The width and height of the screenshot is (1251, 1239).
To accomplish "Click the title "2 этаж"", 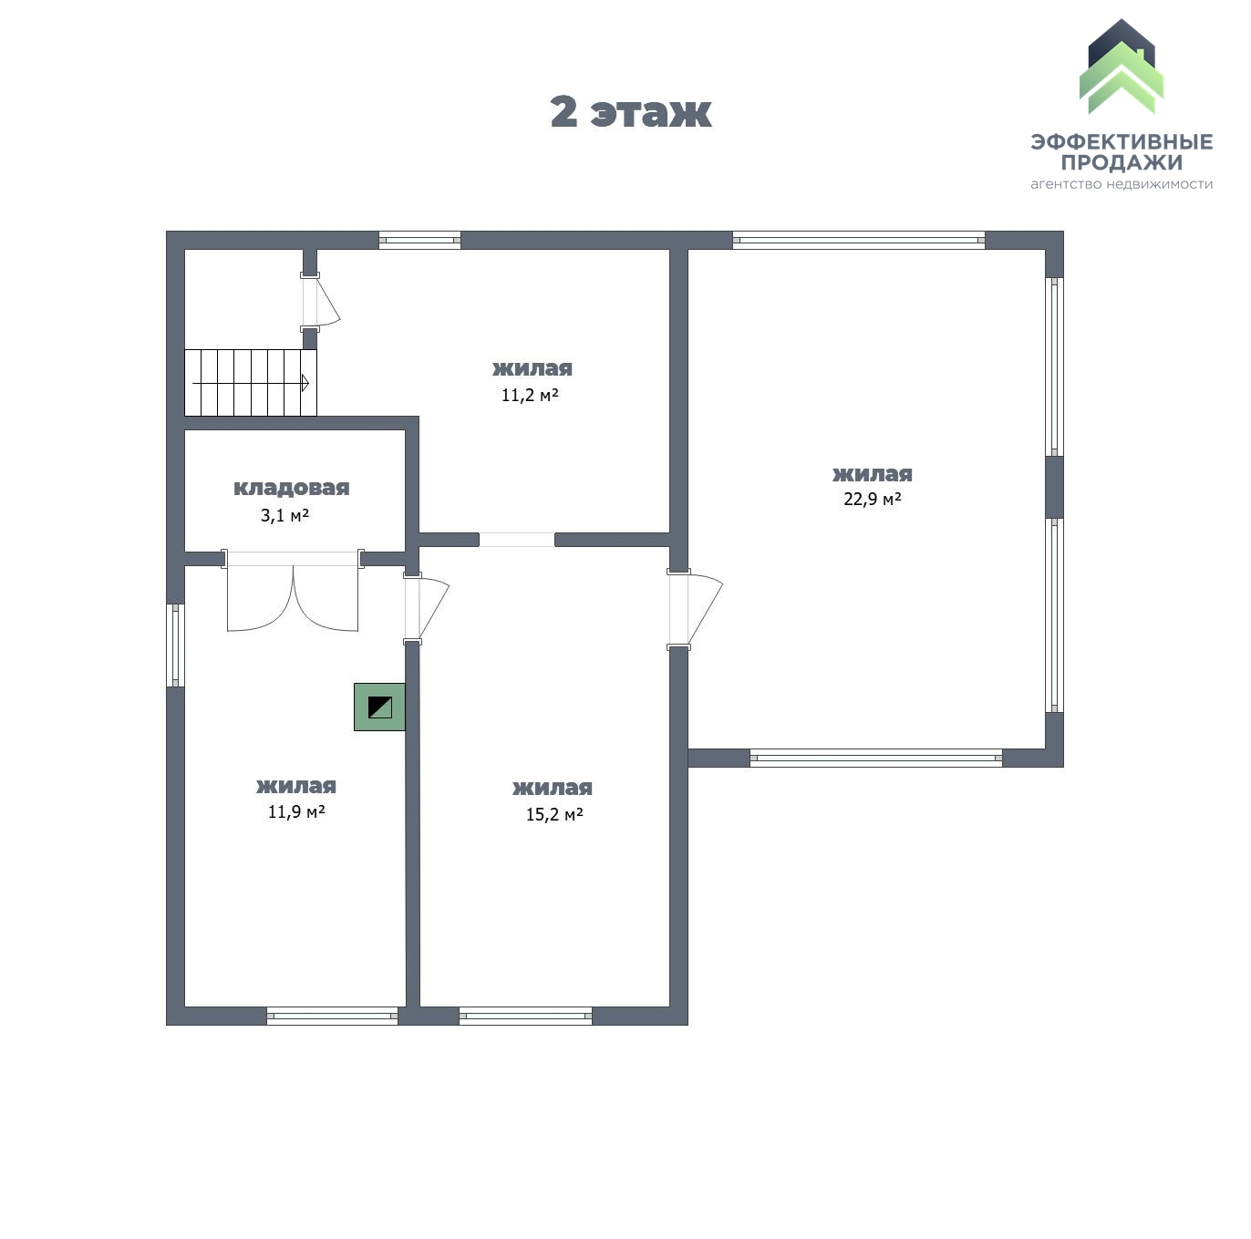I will point(630,112).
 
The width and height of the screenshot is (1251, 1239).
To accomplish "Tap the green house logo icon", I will point(1121,69).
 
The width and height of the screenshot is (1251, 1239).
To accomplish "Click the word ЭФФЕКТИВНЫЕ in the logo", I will point(1122,141).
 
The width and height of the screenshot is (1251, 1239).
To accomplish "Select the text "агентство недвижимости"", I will point(1122,184).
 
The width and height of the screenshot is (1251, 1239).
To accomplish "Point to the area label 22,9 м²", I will point(872,499).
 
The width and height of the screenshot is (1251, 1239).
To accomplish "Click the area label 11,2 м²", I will point(530,395).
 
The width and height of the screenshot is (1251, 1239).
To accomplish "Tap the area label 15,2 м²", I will point(553,814).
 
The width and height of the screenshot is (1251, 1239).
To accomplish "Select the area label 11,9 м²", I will point(296,811).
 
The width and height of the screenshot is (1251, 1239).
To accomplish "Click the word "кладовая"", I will point(291,488).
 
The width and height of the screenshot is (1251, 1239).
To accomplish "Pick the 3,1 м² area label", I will point(284,515).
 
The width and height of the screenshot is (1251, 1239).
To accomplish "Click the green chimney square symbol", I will point(379,707).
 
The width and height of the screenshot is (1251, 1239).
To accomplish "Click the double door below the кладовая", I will point(293,597).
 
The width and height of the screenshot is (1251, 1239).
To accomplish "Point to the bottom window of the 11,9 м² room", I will point(332,1016).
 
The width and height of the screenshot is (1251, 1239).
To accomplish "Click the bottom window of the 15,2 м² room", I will point(525,1016).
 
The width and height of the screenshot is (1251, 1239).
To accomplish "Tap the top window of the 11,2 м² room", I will point(419,241).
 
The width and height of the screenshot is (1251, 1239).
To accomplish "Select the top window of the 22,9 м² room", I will point(858,241).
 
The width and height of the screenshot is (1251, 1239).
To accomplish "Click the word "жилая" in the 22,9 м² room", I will point(872,474).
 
